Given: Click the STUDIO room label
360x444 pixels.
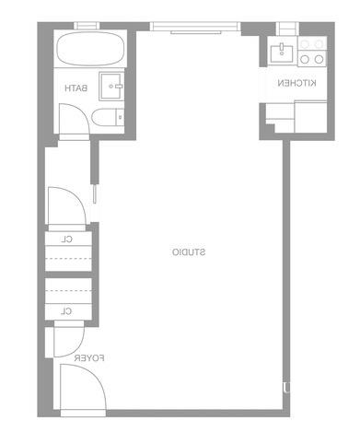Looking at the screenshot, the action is click(189, 252).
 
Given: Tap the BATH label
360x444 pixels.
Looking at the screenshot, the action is click(76, 88).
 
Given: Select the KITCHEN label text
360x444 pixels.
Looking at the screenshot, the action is click(296, 83).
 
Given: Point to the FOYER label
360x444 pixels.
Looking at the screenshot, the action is click(89, 358).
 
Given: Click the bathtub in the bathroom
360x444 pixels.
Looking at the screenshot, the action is click(90, 49).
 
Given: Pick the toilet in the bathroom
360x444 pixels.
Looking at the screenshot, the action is click(108, 117).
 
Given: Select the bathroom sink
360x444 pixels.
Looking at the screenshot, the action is click(111, 87).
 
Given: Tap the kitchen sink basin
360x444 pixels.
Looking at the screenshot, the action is click(282, 53).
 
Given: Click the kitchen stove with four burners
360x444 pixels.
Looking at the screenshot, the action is click(312, 52).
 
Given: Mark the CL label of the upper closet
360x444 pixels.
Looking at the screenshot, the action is click(67, 240).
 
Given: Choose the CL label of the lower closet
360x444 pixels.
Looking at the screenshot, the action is click(66, 311).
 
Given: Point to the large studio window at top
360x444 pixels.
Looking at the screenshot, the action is click(195, 27).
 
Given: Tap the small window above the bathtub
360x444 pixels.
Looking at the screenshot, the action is click(87, 26).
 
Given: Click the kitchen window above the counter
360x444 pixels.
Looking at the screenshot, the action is click(287, 29).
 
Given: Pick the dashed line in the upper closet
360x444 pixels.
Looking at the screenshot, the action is click(68, 259).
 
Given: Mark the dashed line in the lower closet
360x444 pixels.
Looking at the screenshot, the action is click(68, 290).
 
